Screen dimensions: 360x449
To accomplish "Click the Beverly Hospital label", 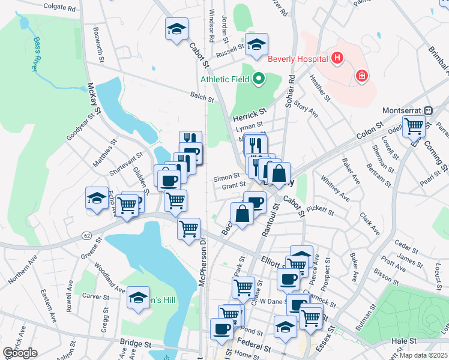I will tap(297, 58).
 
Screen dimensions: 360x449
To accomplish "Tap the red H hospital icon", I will tap(338, 58).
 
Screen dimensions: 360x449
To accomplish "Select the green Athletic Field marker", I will tap(259, 79).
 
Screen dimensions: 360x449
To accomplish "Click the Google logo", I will tap(20, 353).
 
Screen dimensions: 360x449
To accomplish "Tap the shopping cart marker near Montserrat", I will tap(414, 127).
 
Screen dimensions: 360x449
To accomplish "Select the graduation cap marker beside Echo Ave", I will tap(96, 199).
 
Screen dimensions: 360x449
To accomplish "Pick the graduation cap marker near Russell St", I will tap(257, 45).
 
